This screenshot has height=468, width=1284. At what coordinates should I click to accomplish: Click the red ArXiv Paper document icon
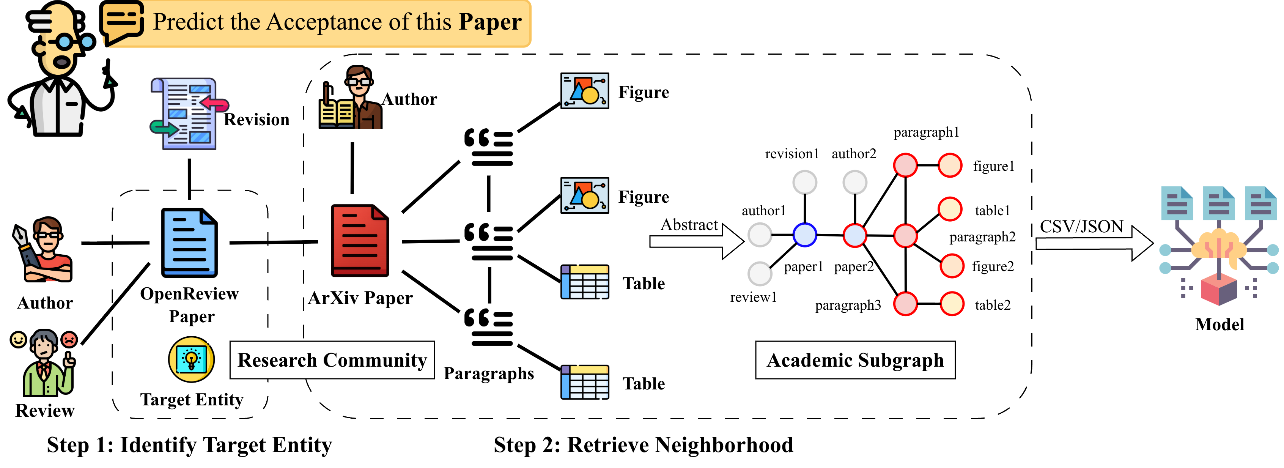coord(359,240)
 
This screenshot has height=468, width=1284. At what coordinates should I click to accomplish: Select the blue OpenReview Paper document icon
coord(189,243)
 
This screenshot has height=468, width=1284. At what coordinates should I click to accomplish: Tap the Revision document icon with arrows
coord(189,113)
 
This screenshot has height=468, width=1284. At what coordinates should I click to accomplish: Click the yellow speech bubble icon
coord(121,22)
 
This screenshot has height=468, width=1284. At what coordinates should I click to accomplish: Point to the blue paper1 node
coord(804,235)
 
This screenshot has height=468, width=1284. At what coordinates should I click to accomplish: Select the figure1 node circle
coord(950,165)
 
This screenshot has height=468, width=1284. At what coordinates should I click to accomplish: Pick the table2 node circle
coord(952,304)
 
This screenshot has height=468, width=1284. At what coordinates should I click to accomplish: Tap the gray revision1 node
coord(804,183)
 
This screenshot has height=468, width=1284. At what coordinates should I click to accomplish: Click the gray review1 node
coord(760,273)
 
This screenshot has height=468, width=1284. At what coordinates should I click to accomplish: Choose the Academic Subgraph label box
coord(855,360)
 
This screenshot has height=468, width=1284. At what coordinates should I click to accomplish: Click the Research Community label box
coord(332,360)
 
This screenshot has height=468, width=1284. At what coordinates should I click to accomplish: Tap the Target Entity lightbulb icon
coord(191,359)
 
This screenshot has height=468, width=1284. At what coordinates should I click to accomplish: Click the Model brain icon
coord(1219,244)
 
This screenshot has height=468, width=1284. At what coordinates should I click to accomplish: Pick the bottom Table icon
coord(585,382)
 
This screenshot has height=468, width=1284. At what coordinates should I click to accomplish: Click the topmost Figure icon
coord(585,91)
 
